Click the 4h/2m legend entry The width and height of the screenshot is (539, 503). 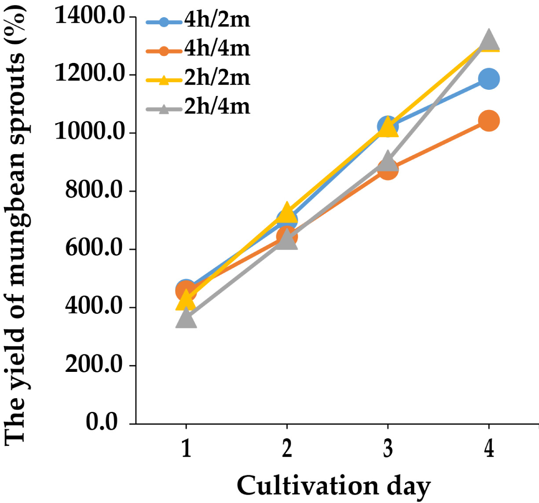pos(198,21)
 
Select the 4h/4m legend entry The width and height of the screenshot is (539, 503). pos(198,50)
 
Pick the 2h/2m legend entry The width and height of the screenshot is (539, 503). pos(198,79)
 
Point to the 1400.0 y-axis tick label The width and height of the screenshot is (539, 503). pos(90,17)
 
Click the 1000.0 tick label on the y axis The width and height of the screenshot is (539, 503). pos(90,133)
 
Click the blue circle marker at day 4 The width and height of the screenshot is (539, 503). pos(489,79)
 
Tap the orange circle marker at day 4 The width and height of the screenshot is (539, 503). pos(489,121)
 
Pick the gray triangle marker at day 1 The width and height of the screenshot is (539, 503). pos(186,318)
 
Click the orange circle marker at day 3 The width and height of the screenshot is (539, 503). pos(388,170)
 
